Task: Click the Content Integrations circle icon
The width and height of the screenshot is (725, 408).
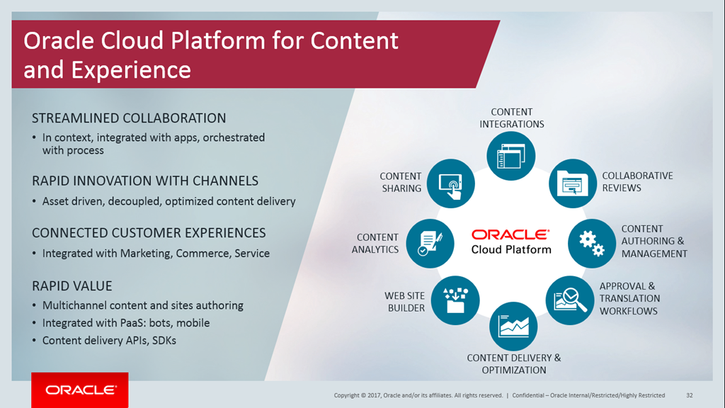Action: click(511, 156)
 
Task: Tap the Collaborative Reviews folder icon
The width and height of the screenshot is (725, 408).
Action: click(573, 183)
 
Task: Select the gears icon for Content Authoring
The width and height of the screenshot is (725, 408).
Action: click(592, 244)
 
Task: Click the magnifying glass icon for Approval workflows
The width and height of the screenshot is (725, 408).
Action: click(570, 300)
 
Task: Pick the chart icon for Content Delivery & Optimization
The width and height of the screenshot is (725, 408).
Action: click(513, 326)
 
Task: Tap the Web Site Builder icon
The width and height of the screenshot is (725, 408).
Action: click(455, 300)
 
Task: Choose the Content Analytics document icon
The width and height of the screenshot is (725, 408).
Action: click(430, 244)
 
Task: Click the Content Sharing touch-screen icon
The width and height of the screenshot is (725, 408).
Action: click(451, 183)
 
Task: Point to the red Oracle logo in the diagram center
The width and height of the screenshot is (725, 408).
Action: click(510, 234)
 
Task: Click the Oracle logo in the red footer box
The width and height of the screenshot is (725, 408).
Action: click(81, 390)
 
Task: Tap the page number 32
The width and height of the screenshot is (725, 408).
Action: click(690, 395)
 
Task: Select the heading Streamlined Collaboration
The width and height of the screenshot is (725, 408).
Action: click(129, 118)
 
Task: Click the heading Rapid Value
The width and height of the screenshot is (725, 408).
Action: click(72, 286)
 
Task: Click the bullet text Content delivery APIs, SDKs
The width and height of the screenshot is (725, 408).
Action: click(109, 341)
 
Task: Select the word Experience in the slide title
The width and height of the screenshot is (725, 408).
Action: click(131, 71)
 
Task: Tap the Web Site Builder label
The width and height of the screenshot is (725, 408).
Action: click(405, 302)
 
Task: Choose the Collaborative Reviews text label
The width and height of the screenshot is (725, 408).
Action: click(637, 182)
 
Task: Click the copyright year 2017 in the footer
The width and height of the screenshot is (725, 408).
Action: click(375, 395)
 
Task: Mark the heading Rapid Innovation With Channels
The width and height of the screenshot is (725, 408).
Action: click(145, 181)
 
